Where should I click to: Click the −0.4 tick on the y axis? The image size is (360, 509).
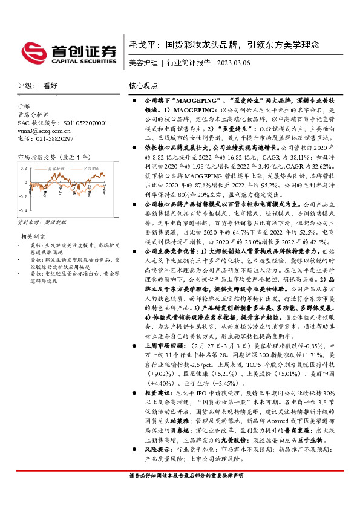(x=22, y=210)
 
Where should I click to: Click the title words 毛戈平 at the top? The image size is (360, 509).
(x=142, y=45)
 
